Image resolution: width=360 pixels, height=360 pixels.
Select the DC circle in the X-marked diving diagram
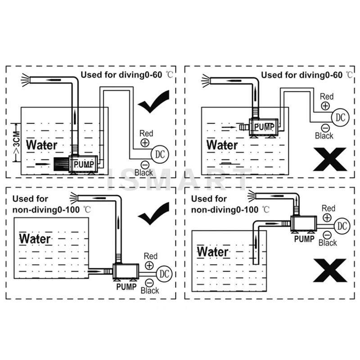pyautogui.click(x=340, y=117)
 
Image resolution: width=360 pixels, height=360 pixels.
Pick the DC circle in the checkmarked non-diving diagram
pyautogui.click(x=164, y=273)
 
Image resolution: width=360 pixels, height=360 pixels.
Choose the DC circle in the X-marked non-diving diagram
pyautogui.click(x=342, y=225)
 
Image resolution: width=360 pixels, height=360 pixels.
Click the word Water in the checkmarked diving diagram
pyautogui.click(x=42, y=145)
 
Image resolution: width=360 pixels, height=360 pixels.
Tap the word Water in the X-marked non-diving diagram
pyautogui.click(x=212, y=251)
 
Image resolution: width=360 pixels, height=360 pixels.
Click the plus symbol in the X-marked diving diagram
pyautogui.click(x=325, y=107)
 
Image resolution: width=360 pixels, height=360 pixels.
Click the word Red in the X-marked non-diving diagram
pyautogui.click(x=328, y=208)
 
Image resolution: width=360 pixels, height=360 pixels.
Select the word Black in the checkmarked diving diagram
pyautogui.click(x=144, y=172)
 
